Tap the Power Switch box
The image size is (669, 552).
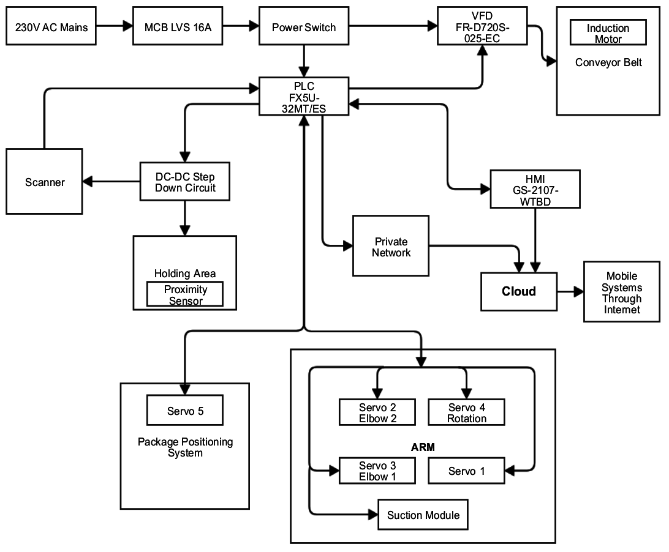click(304, 27)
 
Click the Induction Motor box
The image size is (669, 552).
click(608, 33)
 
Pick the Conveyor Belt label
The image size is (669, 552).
click(608, 62)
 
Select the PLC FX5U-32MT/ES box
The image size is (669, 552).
click(304, 96)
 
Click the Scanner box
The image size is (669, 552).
click(45, 182)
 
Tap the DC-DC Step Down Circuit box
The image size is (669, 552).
click(185, 182)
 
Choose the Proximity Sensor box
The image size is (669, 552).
click(185, 294)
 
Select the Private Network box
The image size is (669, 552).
click(391, 247)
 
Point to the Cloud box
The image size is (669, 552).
click(518, 291)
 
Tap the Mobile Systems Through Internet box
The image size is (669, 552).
click(621, 293)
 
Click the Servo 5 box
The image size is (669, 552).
click(185, 411)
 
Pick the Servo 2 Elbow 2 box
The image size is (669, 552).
click(377, 412)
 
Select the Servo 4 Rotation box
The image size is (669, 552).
click(466, 412)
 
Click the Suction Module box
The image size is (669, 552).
click(423, 515)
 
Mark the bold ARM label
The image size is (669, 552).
click(423, 447)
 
